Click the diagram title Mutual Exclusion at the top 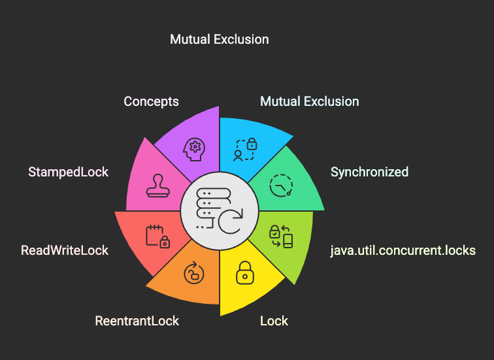pos(219,39)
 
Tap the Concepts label pos(151,101)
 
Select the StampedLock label pos(68,172)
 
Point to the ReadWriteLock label pos(65,250)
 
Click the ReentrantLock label pos(137,321)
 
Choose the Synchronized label pos(369,172)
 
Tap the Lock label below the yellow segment pos(274,321)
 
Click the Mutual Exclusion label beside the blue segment pos(309,101)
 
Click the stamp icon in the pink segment pos(159,186)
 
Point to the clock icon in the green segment pos(281,186)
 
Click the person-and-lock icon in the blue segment pos(245,150)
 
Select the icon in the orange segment pos(194,272)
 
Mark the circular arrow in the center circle pos(230,220)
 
